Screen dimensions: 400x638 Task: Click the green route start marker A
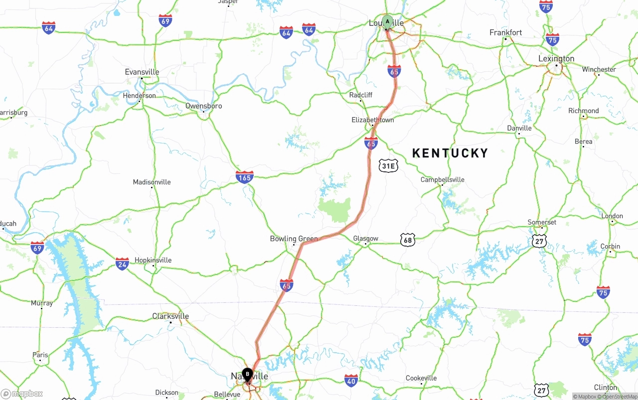pos(387,22)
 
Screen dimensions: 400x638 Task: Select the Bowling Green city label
pos(294,239)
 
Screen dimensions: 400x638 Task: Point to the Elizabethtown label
pos(372,120)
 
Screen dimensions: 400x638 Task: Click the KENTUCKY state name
pos(450,153)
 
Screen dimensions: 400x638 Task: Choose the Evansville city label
pos(142,72)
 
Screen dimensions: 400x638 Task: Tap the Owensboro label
pos(203,106)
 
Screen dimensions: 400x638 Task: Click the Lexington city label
pos(556,59)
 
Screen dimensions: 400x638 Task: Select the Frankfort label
pos(505,33)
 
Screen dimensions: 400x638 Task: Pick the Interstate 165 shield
pos(244,176)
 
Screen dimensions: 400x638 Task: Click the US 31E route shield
pos(388,166)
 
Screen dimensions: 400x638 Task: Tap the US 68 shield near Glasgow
pos(408,241)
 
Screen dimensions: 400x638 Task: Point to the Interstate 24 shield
pos(122,264)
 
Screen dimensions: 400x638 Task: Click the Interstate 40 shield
pos(351,380)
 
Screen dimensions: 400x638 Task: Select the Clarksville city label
pos(170,316)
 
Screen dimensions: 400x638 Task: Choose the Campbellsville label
pos(442,180)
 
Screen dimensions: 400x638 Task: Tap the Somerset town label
pos(542,222)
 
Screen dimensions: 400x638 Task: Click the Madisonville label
pos(152,182)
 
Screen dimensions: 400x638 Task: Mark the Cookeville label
pos(421,378)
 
